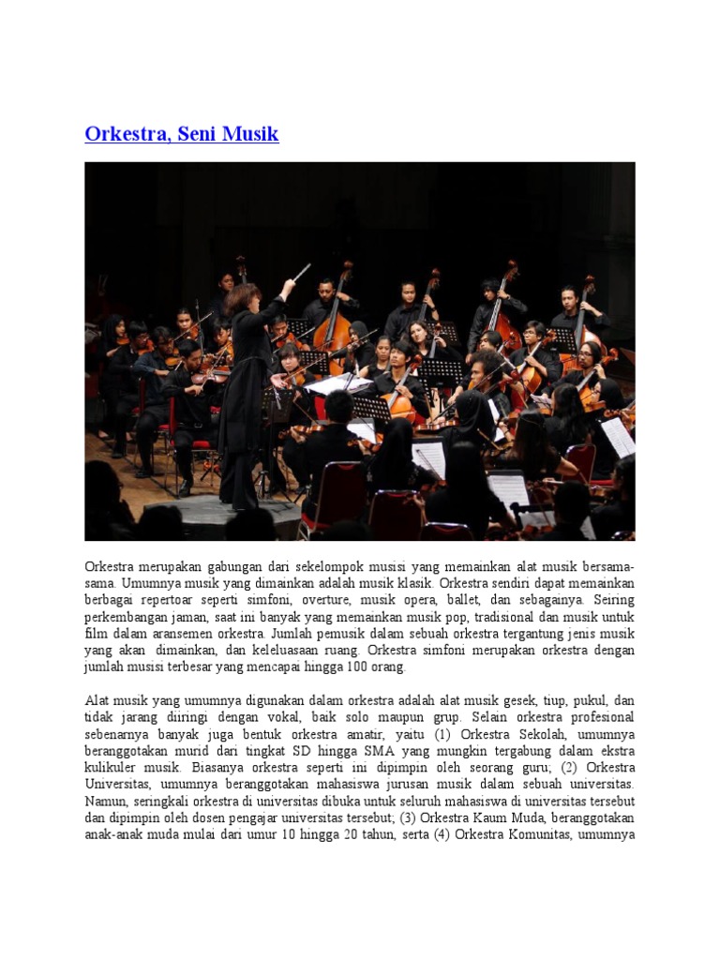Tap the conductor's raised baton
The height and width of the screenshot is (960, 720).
click(301, 272)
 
